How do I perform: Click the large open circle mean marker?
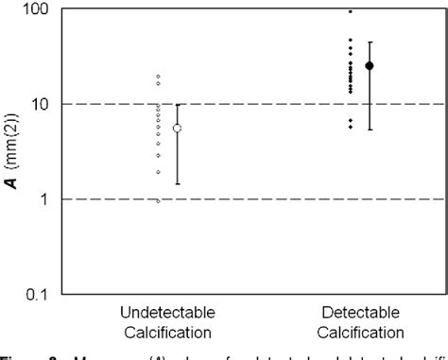tap(177, 128)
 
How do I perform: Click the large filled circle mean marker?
tap(370, 65)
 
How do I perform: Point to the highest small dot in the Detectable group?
tap(351, 11)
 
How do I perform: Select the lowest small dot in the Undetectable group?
tap(158, 200)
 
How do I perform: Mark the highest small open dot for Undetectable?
tap(158, 77)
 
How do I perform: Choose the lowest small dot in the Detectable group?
tap(351, 127)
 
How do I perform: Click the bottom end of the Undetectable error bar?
tap(177, 183)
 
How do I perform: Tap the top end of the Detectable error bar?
tap(370, 43)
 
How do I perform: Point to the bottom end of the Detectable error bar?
tap(370, 129)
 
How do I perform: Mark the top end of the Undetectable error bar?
tap(177, 104)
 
